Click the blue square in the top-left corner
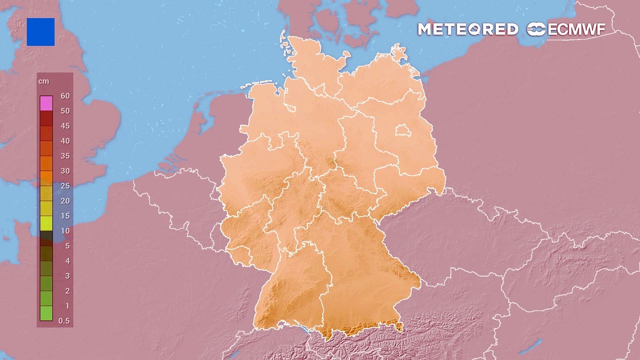(x=40, y=32)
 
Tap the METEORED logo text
(x=467, y=29)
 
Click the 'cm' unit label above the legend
(x=43, y=81)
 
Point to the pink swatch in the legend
(x=46, y=103)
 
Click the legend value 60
(x=65, y=96)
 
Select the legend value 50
(x=65, y=111)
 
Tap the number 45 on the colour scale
(x=65, y=126)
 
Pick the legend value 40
(x=65, y=141)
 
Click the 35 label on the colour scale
(x=65, y=156)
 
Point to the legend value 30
(x=65, y=171)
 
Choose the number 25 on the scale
(x=65, y=186)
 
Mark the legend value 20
(x=65, y=201)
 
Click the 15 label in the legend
(x=65, y=216)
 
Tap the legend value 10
(x=65, y=231)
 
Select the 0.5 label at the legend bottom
(x=64, y=321)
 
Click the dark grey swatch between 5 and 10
(x=46, y=238)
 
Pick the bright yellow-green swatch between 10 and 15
(x=46, y=223)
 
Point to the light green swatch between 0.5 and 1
(x=46, y=313)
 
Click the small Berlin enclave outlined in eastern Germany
(x=402, y=131)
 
